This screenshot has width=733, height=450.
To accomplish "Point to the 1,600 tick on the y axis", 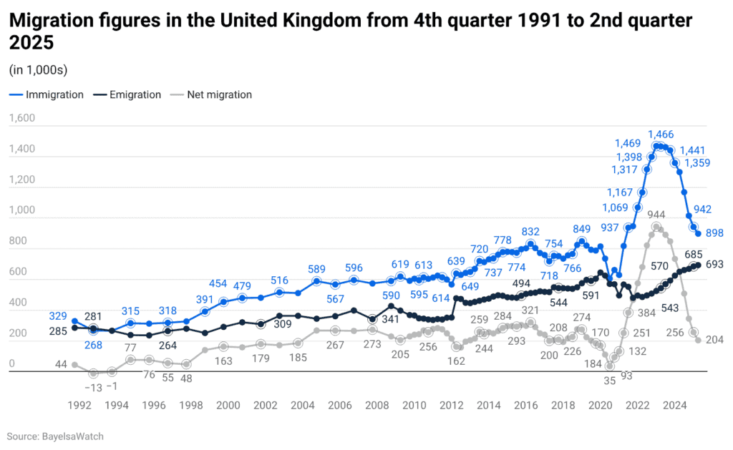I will (x=21, y=119).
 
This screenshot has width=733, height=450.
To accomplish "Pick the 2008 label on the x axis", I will (x=377, y=405).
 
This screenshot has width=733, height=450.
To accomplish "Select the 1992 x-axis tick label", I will (x=79, y=405).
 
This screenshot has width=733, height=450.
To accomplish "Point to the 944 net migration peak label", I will (x=656, y=215).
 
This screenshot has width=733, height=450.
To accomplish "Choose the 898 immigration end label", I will (x=714, y=234).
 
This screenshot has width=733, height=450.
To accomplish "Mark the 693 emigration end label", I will (x=714, y=265).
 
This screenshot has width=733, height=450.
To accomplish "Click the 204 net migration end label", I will (x=714, y=341).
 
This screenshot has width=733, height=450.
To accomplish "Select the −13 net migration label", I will (x=94, y=387).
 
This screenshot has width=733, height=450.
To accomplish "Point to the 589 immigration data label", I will (x=316, y=269).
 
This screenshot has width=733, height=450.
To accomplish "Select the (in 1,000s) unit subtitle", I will (x=39, y=69).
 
